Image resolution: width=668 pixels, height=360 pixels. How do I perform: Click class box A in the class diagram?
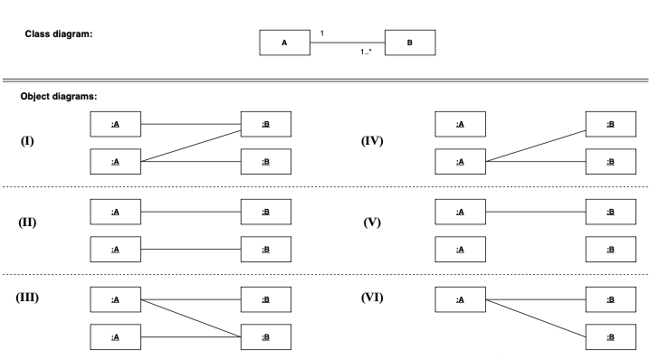284,42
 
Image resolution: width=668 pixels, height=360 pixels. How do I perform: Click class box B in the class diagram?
410,42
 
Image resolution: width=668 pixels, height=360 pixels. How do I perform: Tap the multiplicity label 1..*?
366,52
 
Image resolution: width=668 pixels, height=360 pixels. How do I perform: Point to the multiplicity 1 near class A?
322,33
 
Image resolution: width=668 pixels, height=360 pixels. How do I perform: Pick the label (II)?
29,222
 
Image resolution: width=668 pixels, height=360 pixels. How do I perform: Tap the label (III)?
28,297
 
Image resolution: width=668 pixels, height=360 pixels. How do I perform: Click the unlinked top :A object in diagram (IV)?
460,124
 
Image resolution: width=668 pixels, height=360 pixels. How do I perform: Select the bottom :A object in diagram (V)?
460,249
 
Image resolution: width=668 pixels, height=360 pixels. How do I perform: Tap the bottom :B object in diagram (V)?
610,249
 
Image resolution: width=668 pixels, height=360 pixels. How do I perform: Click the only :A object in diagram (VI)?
460,299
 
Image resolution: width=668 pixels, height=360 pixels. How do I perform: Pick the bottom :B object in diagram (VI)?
610,336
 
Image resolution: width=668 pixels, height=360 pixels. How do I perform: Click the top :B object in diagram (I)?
265,124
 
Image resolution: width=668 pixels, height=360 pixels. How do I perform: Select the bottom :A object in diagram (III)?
115,336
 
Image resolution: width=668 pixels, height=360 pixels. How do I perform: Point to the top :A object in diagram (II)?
115,212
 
